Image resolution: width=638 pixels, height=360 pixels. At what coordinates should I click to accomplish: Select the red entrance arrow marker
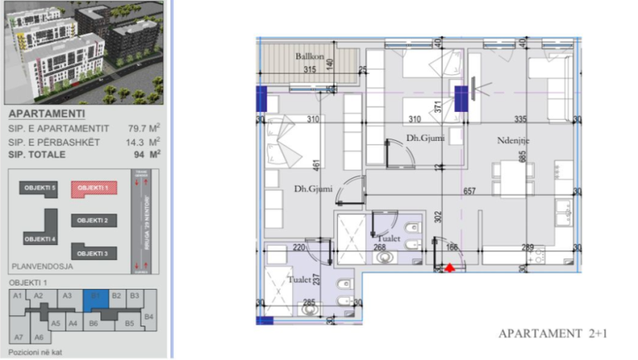coord(450,268)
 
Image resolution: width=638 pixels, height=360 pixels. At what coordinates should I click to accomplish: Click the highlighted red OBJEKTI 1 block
coord(94,188)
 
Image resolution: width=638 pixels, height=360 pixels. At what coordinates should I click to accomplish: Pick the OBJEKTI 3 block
coord(94,253)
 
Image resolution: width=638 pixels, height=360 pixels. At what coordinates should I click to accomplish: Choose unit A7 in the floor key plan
coord(18,337)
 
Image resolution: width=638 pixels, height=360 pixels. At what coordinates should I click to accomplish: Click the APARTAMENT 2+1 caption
coord(552,334)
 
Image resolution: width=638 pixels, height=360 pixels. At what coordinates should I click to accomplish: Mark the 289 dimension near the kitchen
coord(528,248)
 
